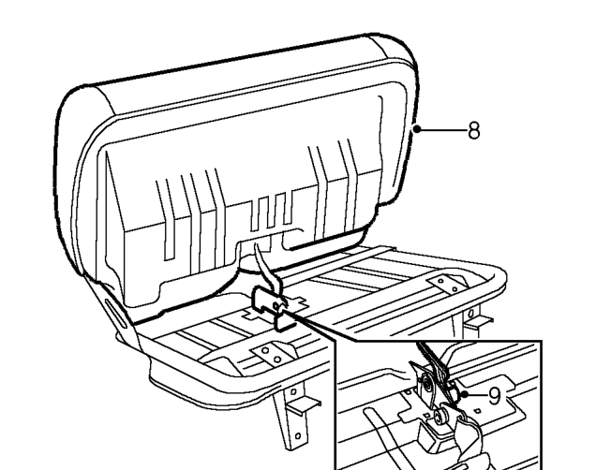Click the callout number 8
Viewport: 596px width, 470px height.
(474, 130)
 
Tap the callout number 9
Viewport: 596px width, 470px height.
(494, 396)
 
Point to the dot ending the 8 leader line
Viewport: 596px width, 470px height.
(417, 129)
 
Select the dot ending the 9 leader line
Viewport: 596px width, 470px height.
(464, 394)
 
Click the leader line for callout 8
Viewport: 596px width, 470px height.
(443, 130)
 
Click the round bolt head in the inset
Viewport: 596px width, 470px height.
(442, 416)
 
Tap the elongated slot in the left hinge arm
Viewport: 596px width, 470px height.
(116, 313)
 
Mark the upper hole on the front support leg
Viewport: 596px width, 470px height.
(293, 391)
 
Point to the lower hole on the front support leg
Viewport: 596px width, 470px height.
(298, 436)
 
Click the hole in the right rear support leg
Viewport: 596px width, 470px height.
(471, 314)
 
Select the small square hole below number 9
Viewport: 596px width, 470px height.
(477, 411)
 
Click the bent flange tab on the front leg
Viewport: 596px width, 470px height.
(303, 406)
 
